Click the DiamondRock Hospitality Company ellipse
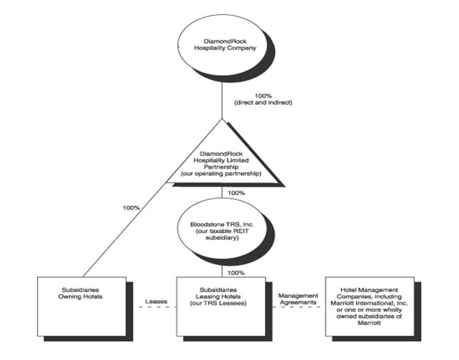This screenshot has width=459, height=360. (x=223, y=45)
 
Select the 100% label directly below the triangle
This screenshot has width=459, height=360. (x=236, y=193)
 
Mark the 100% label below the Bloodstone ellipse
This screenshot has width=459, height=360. (x=236, y=273)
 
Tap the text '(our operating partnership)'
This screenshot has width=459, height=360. (x=223, y=174)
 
